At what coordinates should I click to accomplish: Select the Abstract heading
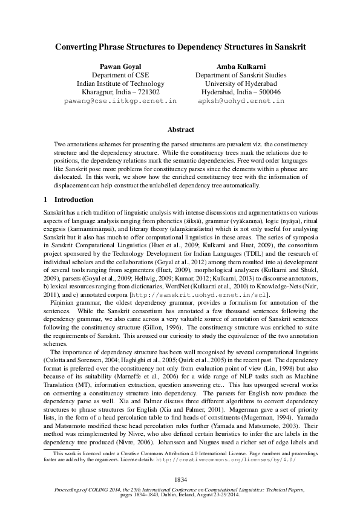click(180, 129)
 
